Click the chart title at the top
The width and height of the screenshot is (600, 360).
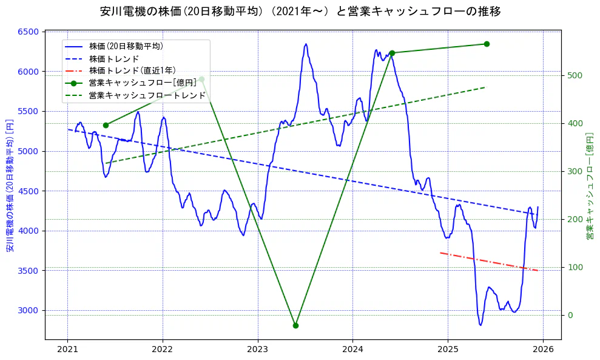point(300,12)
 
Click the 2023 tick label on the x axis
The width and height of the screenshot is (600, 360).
point(257,350)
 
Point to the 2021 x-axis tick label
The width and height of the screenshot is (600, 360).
point(67,350)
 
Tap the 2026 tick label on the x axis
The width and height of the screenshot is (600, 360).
point(542,350)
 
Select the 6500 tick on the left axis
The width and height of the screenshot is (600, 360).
point(30,32)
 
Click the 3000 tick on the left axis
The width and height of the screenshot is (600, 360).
point(30,310)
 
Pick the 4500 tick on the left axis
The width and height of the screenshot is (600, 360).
point(30,191)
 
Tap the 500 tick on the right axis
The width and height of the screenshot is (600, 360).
point(574,76)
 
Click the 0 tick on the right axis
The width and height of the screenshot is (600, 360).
point(569,315)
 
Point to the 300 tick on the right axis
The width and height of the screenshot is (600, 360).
point(574,171)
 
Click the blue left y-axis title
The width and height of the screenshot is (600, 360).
point(10,186)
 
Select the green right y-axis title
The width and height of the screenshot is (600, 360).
point(589,186)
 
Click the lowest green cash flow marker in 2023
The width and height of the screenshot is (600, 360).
point(295,325)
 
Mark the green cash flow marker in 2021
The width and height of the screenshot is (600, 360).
point(106,125)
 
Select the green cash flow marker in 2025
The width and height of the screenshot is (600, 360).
point(487,44)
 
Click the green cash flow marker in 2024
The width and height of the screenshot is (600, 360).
point(392,53)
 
